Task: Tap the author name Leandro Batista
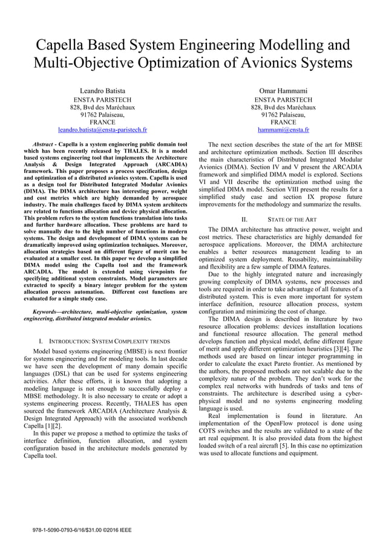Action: pos(102,91)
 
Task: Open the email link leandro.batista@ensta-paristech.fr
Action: pos(102,129)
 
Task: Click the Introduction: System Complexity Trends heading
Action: pos(104,342)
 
